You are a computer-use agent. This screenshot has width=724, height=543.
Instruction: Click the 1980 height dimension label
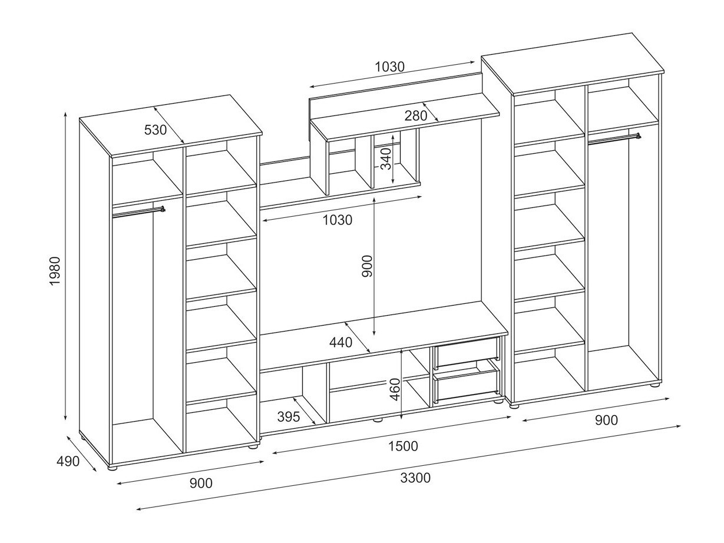point(55,271)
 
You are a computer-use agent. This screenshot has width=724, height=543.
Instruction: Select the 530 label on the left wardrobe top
point(156,130)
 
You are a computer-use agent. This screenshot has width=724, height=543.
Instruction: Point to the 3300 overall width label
point(415,478)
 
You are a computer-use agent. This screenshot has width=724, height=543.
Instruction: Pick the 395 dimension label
point(289,417)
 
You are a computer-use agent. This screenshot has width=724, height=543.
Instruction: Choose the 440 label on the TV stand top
point(341,342)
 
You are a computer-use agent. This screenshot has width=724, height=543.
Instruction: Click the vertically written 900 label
point(366,267)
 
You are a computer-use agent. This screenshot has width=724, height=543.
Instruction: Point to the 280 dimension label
point(416,116)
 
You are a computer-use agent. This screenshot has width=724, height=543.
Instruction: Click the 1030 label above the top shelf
point(389,67)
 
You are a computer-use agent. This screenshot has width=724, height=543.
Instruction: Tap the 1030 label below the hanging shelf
point(337,220)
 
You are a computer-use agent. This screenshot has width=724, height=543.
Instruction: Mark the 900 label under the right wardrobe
point(606,420)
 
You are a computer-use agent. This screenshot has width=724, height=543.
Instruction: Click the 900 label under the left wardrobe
point(201,483)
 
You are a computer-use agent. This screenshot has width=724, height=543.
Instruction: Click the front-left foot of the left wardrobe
point(113,468)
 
